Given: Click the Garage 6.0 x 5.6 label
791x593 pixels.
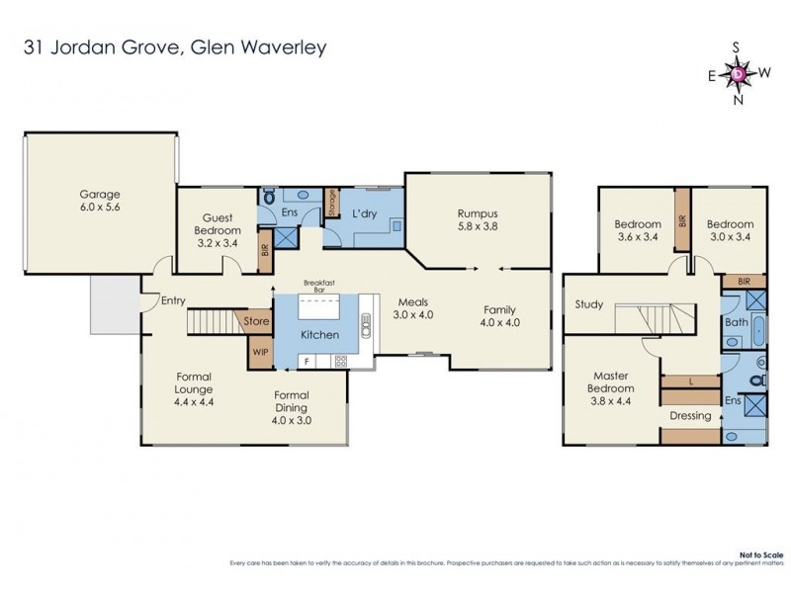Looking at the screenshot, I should pyautogui.click(x=99, y=202).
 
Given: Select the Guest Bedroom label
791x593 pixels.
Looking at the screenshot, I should pyautogui.click(x=216, y=224).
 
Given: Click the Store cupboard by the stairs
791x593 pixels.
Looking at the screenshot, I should pyautogui.click(x=257, y=320).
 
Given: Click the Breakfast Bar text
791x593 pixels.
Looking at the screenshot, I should pyautogui.click(x=317, y=286).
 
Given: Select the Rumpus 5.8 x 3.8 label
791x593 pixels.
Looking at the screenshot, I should pyautogui.click(x=477, y=218).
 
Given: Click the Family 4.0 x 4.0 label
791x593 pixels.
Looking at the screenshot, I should pyautogui.click(x=499, y=315).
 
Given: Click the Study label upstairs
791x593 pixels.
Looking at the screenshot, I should pyautogui.click(x=589, y=304).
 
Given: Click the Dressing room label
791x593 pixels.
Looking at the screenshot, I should pyautogui.click(x=689, y=415).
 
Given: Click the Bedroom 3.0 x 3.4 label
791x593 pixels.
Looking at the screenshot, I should pyautogui.click(x=731, y=230).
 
